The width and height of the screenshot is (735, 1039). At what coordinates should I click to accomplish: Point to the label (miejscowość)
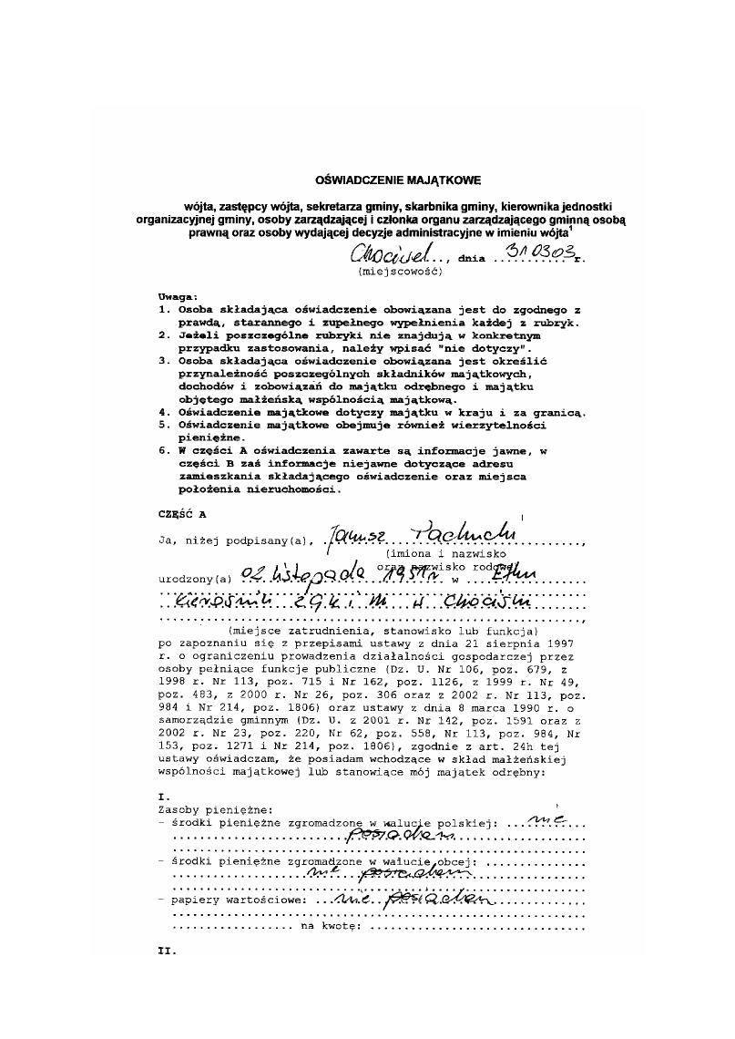pos(400,272)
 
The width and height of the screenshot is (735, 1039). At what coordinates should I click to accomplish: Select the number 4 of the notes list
pos(164,412)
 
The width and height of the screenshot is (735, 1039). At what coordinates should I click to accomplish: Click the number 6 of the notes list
pos(164,450)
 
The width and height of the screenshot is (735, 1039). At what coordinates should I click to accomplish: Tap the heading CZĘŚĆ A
pos(182,514)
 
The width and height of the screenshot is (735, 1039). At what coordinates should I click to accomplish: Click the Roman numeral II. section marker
pos(166,951)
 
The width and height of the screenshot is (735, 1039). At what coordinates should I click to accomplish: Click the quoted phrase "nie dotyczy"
pos(486,348)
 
